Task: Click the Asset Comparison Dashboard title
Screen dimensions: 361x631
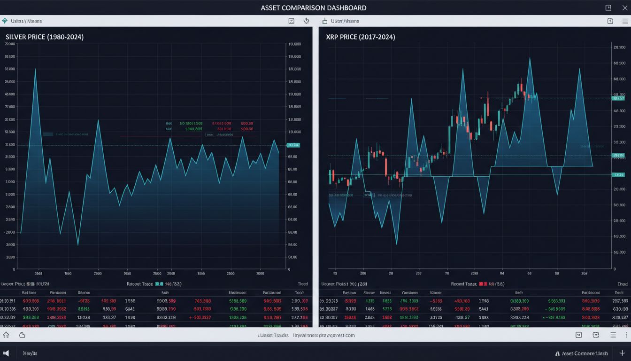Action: pyautogui.click(x=313, y=8)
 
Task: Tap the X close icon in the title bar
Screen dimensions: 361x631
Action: pyautogui.click(x=624, y=8)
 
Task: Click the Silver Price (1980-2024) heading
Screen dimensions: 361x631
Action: pyautogui.click(x=45, y=37)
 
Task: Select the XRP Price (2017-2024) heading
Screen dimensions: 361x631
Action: pyautogui.click(x=360, y=37)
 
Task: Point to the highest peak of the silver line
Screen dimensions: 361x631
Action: pyautogui.click(x=35, y=69)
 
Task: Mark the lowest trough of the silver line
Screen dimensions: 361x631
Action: pyautogui.click(x=78, y=244)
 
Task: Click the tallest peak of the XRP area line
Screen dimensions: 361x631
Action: pyautogui.click(x=530, y=58)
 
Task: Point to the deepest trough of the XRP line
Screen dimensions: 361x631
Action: pyautogui.click(x=397, y=244)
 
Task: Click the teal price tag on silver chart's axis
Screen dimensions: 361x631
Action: pyautogui.click(x=293, y=145)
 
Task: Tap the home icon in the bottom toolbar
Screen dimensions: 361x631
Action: pyautogui.click(x=6, y=335)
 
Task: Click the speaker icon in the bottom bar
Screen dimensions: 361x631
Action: pyautogui.click(x=6, y=353)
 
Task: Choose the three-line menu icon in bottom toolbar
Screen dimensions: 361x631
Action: pyautogui.click(x=613, y=335)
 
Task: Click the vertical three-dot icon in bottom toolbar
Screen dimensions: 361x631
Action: pyautogui.click(x=626, y=335)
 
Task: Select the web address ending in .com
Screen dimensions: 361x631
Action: pyautogui.click(x=324, y=335)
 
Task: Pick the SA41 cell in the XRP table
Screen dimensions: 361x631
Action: pyautogui.click(x=483, y=309)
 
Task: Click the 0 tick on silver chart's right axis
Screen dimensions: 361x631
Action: pyautogui.click(x=289, y=269)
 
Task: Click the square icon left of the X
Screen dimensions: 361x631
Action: pyautogui.click(x=608, y=8)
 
